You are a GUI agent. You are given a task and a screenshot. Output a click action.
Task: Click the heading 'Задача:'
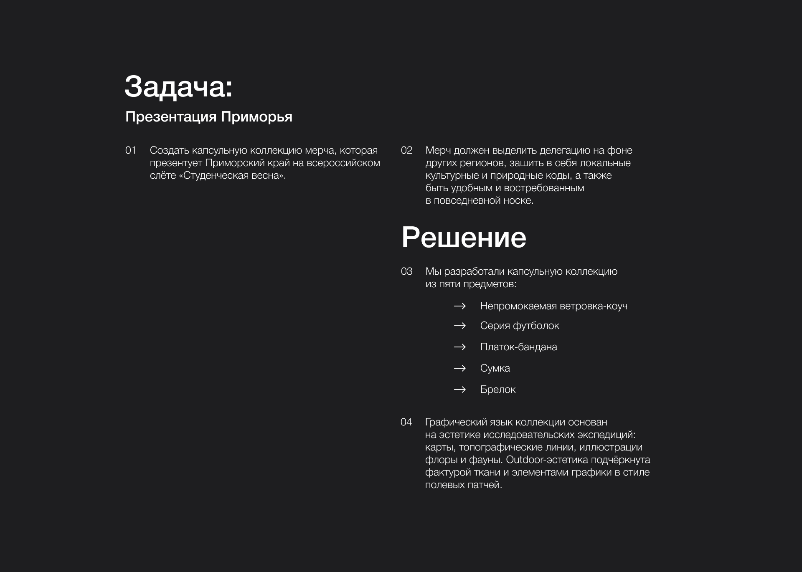click(x=178, y=87)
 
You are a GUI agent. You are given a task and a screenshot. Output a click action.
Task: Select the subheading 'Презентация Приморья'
click(x=208, y=117)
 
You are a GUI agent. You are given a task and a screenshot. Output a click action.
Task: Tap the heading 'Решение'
click(x=464, y=237)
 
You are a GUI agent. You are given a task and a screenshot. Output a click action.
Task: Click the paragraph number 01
click(x=131, y=150)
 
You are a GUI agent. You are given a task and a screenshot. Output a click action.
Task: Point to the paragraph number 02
click(x=406, y=150)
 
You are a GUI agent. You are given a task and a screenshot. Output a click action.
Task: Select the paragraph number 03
click(x=406, y=271)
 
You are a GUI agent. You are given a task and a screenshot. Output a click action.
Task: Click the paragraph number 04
click(x=406, y=422)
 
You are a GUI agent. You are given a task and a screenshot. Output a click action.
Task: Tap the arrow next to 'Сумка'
click(x=459, y=368)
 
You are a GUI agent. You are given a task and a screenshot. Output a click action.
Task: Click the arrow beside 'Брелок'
click(x=459, y=390)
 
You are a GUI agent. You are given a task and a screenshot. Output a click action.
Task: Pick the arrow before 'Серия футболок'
click(x=459, y=326)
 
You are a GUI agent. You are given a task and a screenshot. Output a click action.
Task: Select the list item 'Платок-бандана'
click(x=518, y=347)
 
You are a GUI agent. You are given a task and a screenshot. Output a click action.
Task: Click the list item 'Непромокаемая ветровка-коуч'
click(x=553, y=306)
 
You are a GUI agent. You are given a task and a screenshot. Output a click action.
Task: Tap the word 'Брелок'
click(x=497, y=390)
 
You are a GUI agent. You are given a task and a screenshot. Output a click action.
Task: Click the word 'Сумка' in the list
click(x=495, y=368)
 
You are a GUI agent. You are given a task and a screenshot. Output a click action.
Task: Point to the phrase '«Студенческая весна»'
click(x=232, y=175)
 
